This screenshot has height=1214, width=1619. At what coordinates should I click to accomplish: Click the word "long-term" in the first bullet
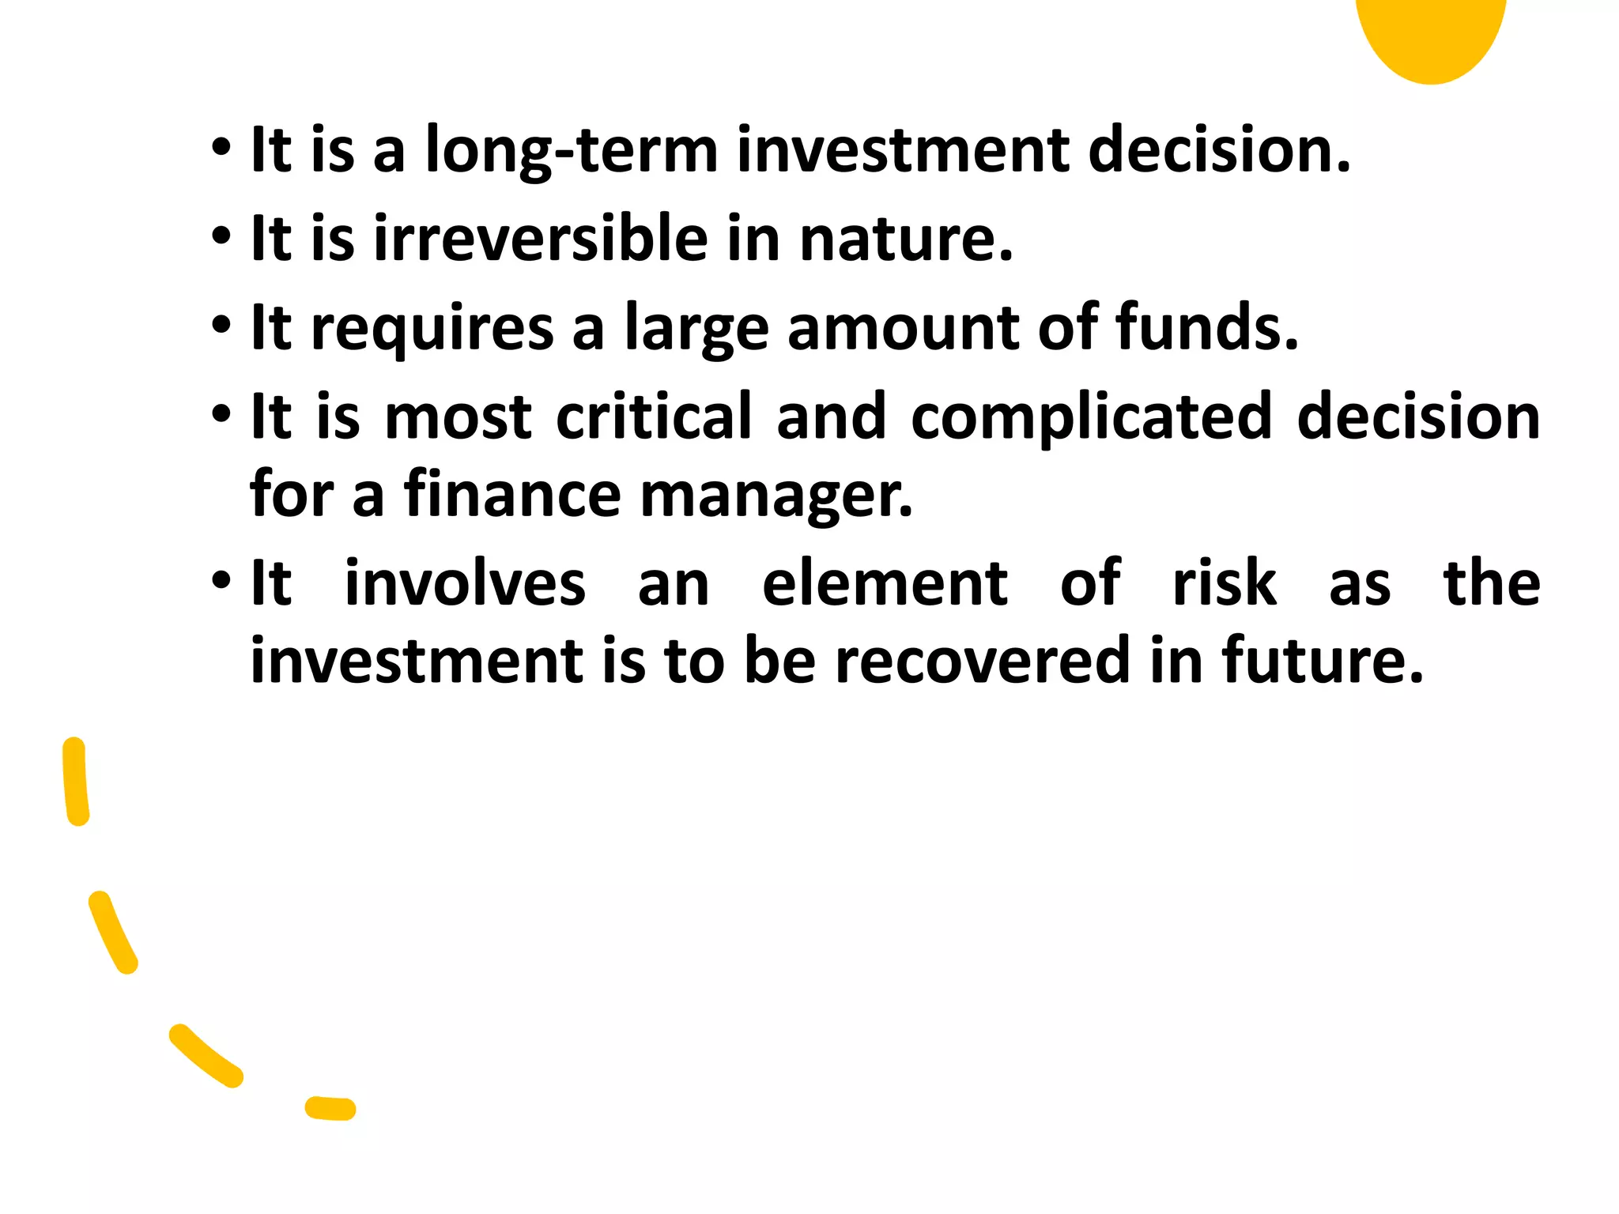[571, 150]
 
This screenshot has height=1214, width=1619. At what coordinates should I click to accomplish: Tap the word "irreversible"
[541, 239]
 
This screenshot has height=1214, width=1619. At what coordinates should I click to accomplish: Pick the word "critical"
[654, 417]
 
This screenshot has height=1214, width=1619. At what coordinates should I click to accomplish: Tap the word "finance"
[513, 495]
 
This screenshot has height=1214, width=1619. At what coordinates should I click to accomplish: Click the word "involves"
[466, 584]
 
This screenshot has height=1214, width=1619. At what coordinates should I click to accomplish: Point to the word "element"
[885, 584]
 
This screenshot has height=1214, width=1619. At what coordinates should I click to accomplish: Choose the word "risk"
[1225, 584]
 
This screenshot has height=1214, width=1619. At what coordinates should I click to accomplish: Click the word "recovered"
[983, 661]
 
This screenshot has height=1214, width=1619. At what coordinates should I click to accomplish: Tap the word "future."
[1323, 661]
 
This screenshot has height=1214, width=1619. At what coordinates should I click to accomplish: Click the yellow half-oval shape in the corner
[1431, 36]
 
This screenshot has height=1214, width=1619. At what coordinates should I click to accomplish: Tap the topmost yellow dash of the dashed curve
[76, 781]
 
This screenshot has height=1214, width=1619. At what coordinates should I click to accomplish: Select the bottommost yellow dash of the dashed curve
[330, 1108]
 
